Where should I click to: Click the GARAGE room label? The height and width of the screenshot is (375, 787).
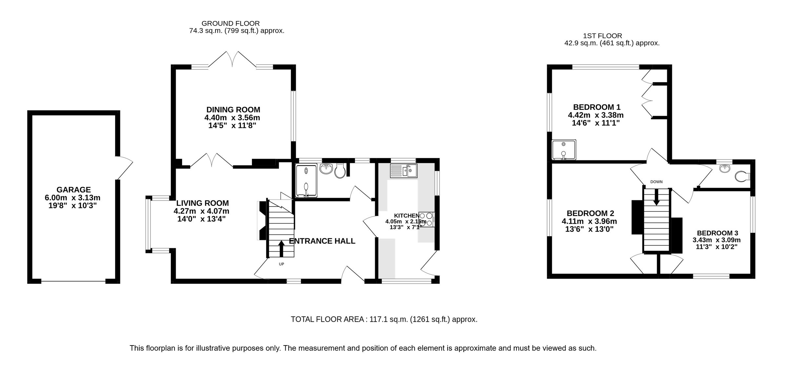(x=73, y=190)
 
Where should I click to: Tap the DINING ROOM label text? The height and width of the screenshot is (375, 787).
(x=233, y=110)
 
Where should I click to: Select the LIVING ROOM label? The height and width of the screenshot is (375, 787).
(x=202, y=203)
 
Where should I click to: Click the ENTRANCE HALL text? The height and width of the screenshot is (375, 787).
(x=322, y=241)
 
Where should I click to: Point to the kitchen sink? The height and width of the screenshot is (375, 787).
(x=403, y=170)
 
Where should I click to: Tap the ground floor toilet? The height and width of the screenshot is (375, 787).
(x=340, y=171)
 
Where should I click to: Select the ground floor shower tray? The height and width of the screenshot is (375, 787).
(x=306, y=181)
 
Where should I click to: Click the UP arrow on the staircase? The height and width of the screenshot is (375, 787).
(x=281, y=249)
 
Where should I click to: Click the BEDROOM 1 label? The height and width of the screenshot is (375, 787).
(x=596, y=107)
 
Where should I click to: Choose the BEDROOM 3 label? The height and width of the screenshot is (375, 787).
(x=717, y=233)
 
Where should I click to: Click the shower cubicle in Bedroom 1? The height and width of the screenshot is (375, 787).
(x=564, y=150)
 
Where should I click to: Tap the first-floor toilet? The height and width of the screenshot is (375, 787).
(x=742, y=177)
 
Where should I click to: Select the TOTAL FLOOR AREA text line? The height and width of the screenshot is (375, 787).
(x=384, y=319)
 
